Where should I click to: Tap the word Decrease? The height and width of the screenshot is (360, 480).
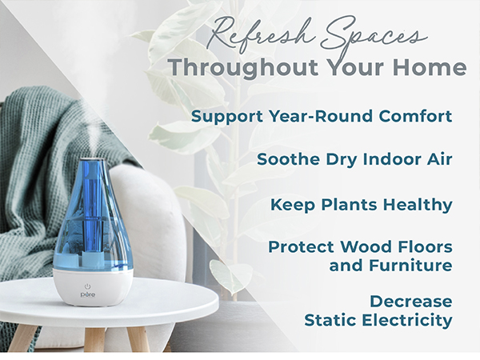pos(411,302)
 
